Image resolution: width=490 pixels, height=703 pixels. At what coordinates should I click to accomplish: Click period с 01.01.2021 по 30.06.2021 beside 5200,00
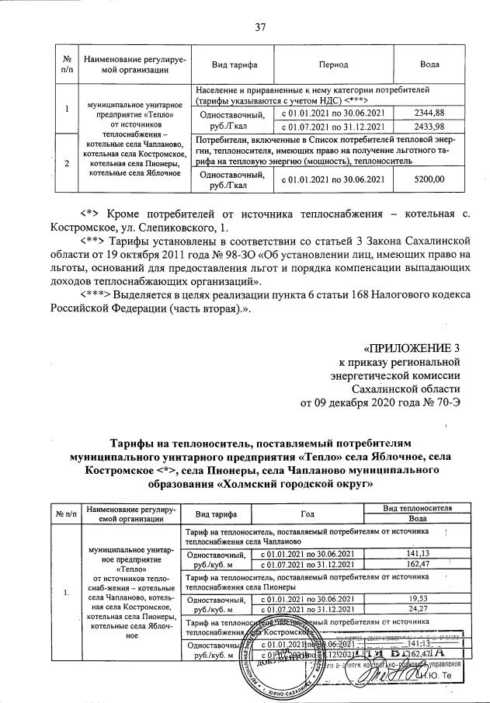coord(333,179)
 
